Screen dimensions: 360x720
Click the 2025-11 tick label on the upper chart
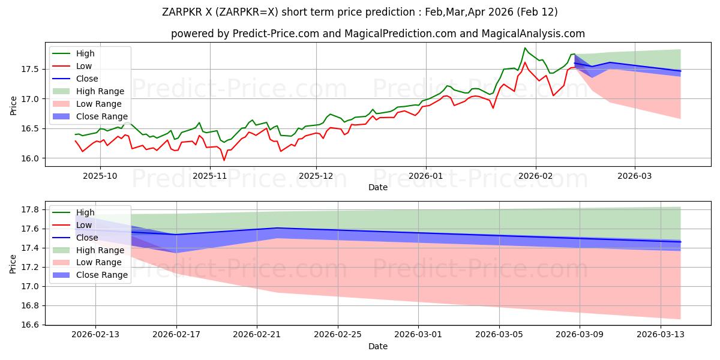[x=210, y=176]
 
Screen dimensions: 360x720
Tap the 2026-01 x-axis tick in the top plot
[x=426, y=176]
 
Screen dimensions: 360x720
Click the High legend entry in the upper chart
[x=85, y=53]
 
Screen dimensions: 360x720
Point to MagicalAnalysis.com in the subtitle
[x=536, y=34]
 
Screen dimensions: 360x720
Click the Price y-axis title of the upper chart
[x=13, y=106]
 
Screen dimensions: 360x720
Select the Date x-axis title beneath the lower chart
[x=378, y=346]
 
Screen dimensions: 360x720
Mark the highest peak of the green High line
[x=525, y=48]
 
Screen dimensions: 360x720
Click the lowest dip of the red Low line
[x=224, y=160]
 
